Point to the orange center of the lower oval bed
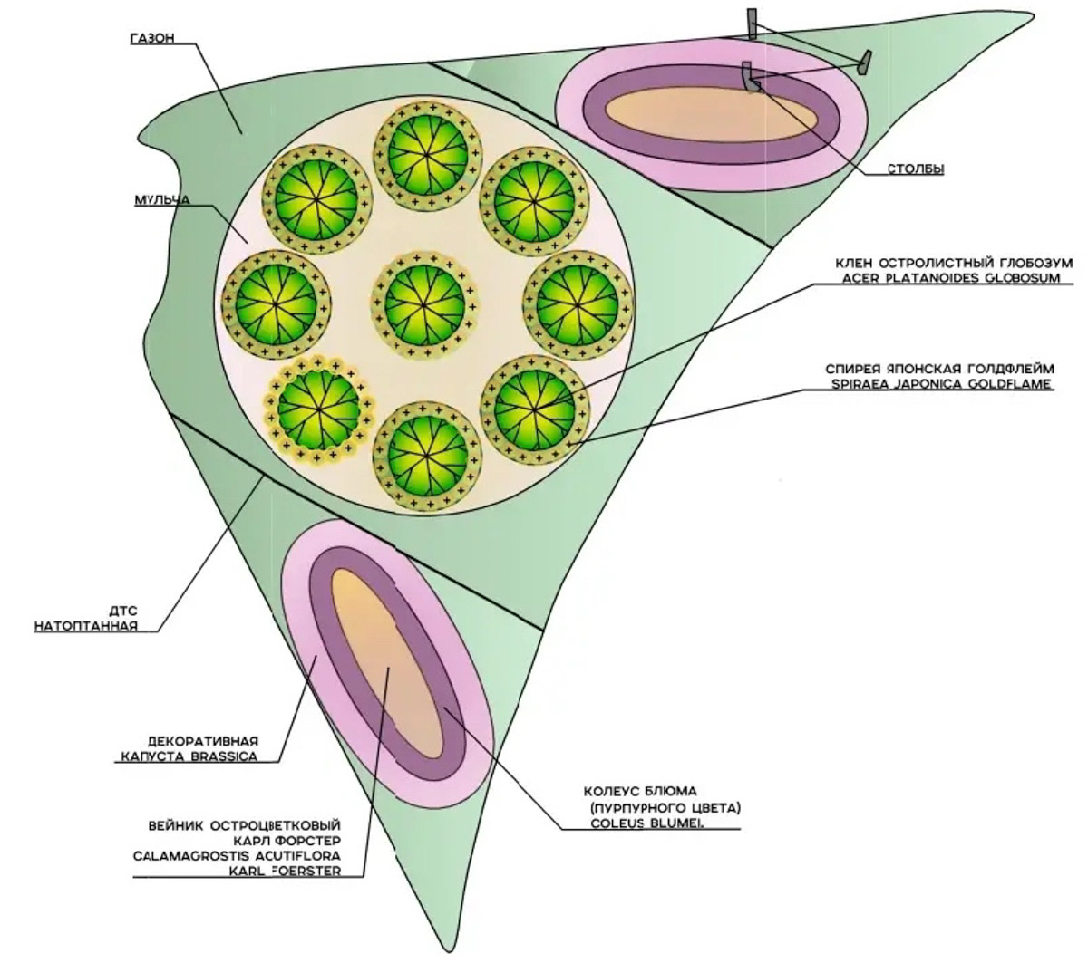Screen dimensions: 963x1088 point(386,671)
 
